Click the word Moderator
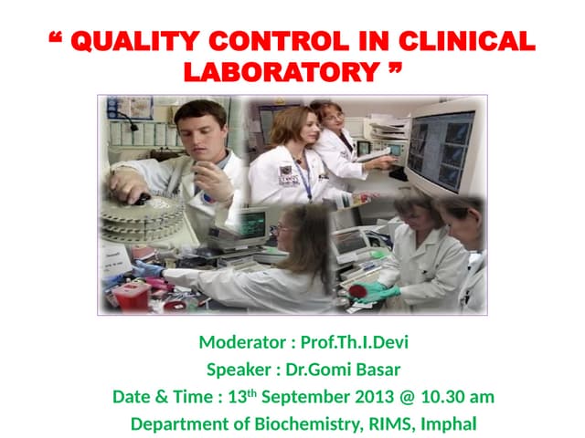pyautogui.click(x=241, y=344)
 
